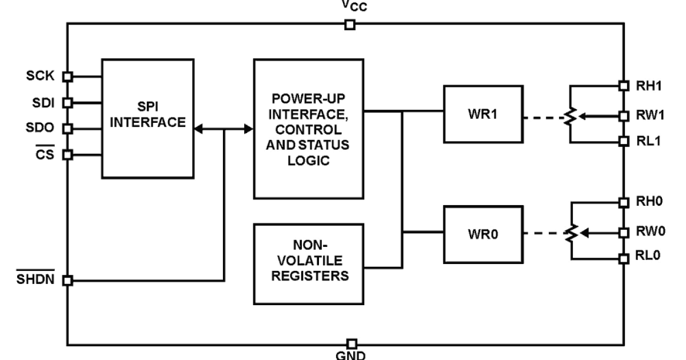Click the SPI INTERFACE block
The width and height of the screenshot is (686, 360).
148,118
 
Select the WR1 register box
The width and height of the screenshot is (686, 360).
482,114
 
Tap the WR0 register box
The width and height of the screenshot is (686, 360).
482,233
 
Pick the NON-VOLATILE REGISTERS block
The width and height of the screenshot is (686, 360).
309,263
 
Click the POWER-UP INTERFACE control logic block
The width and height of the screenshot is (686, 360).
309,129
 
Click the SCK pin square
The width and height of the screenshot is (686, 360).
67,76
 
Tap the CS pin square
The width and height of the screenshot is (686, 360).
67,154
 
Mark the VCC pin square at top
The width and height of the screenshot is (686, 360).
350,25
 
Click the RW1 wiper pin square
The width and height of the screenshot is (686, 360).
624,115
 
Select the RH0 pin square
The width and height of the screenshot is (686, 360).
624,202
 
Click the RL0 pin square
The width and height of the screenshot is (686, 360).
624,258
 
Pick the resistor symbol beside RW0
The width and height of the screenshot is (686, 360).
569,233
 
